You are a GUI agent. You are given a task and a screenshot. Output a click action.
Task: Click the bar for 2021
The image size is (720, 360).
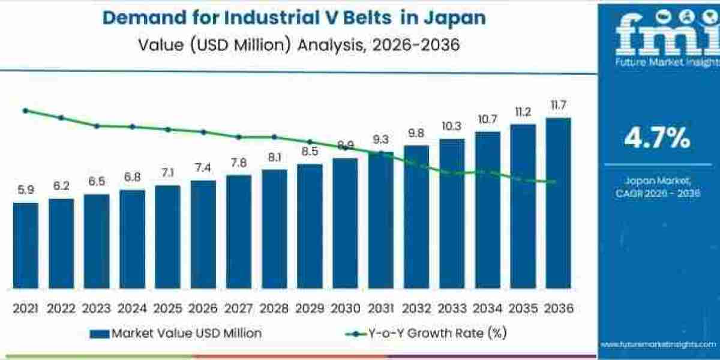pyautogui.click(x=25, y=246)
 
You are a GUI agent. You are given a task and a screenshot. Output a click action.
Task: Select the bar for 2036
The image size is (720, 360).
pyautogui.click(x=558, y=204)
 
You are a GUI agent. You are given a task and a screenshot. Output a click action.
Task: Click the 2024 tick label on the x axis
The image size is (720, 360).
pyautogui.click(x=132, y=308)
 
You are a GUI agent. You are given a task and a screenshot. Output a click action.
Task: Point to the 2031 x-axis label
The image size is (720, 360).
pyautogui.click(x=380, y=308)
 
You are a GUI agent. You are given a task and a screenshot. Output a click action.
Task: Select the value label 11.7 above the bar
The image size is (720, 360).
pyautogui.click(x=558, y=106)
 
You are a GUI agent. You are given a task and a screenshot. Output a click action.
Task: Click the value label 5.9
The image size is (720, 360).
pyautogui.click(x=25, y=190)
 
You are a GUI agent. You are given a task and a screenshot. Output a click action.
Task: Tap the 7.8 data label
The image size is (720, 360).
pyautogui.click(x=239, y=163)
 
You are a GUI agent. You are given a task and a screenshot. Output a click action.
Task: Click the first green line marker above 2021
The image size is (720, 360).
pyautogui.click(x=25, y=110)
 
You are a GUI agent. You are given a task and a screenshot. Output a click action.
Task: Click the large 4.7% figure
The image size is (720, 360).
pyautogui.click(x=657, y=139)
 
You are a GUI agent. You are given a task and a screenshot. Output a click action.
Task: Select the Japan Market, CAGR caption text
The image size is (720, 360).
pyautogui.click(x=657, y=186)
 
